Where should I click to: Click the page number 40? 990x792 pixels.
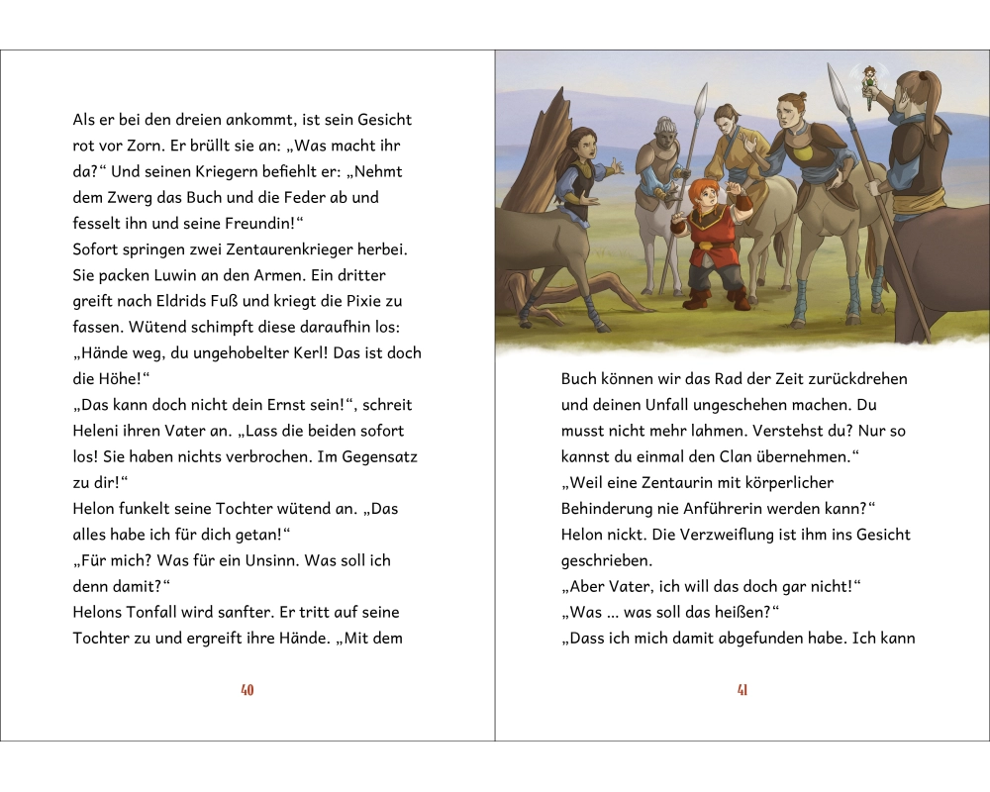coord(247,690)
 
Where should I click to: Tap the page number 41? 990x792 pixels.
coord(742,690)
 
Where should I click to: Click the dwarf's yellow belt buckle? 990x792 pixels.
coord(704,245)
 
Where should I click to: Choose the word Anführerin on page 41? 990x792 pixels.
coord(723,508)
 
